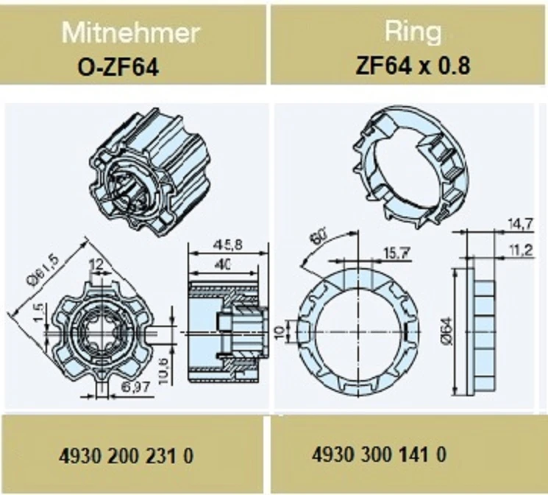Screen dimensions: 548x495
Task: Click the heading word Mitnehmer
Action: point(131,33)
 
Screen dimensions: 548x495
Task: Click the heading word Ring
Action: point(413,31)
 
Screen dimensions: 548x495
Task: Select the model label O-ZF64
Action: point(118,67)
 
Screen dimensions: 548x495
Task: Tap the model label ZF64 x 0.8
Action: point(413,65)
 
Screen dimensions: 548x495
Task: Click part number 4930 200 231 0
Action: point(126,456)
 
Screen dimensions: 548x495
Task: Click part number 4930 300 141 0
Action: point(380,454)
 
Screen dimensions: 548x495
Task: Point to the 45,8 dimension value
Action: point(227,245)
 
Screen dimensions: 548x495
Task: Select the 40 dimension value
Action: point(224,265)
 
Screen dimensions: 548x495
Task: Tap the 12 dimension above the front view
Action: point(96,264)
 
